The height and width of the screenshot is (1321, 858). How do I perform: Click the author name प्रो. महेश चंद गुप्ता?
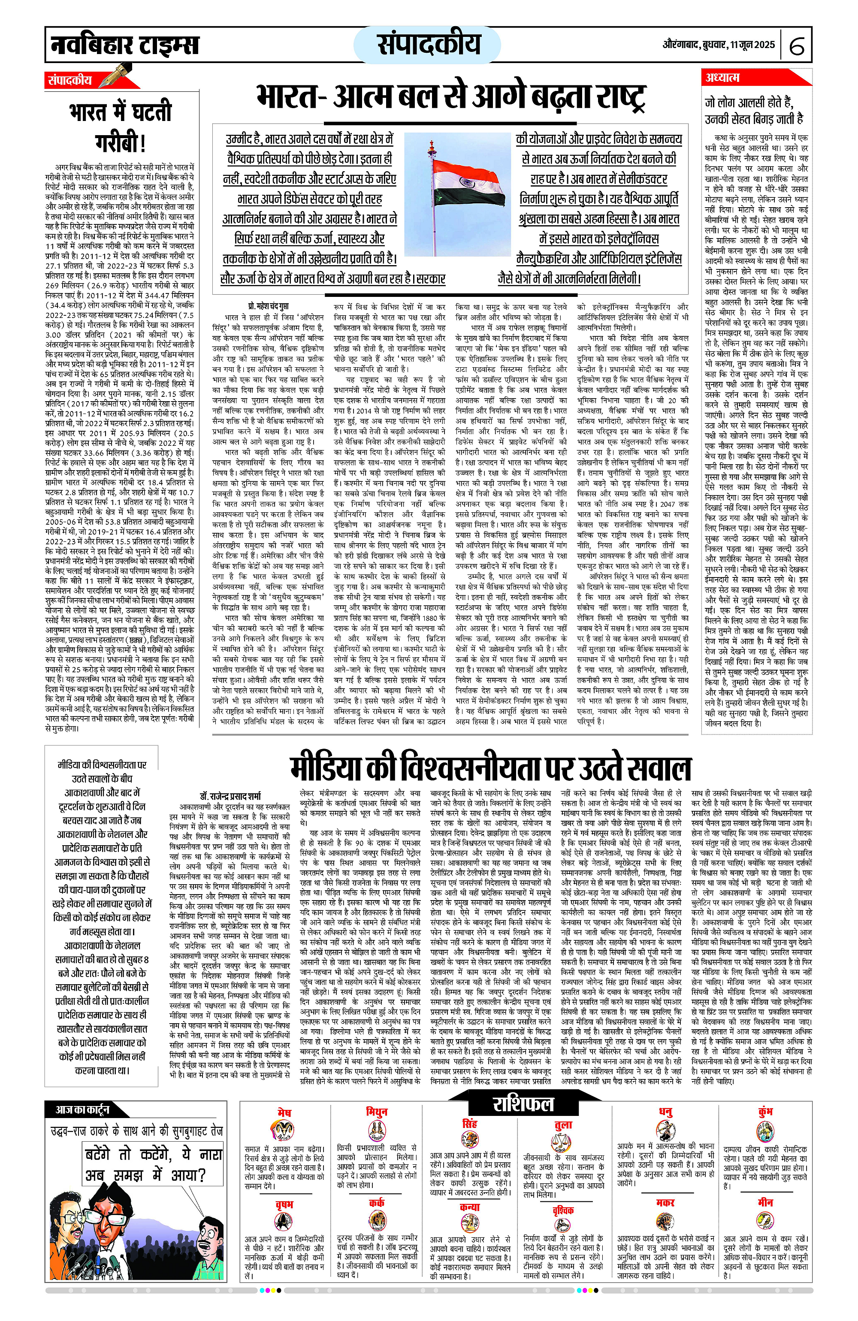tap(268, 306)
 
